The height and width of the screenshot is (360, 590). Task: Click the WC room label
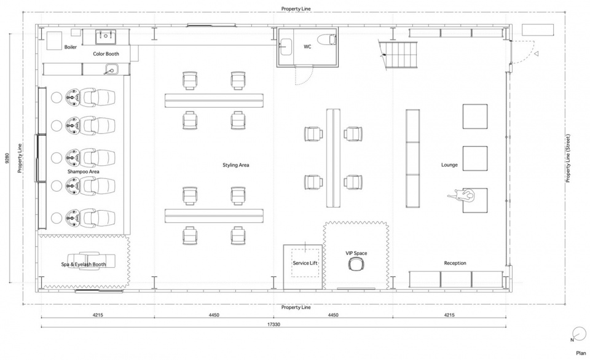coord(307,47)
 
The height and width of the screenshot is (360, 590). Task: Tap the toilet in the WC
coord(326,39)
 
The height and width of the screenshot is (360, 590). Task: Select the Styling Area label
coord(235,165)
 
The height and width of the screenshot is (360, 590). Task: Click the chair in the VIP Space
coord(356,264)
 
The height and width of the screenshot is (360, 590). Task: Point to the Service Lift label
coord(305,263)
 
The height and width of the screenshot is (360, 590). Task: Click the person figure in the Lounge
coord(462,195)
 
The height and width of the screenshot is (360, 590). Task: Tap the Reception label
coord(455,263)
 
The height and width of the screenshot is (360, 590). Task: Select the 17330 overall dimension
coord(273,324)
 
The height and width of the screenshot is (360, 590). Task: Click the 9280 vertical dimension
coord(6,158)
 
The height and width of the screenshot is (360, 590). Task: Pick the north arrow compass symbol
coord(579,334)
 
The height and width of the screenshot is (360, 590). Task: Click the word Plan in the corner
coord(581,353)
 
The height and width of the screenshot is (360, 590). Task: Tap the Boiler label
coord(70,47)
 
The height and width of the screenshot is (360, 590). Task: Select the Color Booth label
coord(106,54)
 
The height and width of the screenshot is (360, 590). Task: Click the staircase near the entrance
coord(399,55)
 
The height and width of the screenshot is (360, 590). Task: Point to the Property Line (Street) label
coord(568,158)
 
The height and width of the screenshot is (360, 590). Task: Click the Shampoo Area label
coord(84,171)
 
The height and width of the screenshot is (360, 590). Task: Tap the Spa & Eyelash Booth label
coord(84,264)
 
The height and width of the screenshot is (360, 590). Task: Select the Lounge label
coord(449,165)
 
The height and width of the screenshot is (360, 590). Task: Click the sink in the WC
coord(286,46)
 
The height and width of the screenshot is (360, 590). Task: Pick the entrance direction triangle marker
coord(537,54)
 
